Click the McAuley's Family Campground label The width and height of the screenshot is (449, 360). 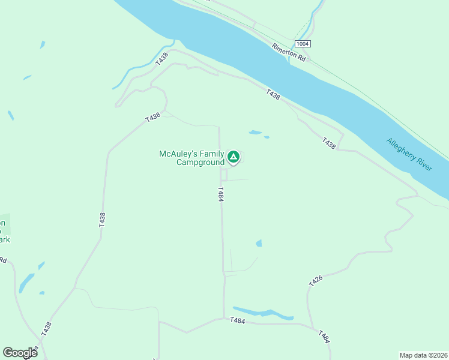click(x=191, y=158)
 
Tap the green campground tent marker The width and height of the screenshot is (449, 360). click(x=234, y=158)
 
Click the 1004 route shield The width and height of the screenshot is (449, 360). click(x=303, y=44)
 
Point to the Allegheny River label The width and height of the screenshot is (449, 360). click(x=409, y=155)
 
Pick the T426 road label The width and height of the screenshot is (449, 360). click(x=316, y=281)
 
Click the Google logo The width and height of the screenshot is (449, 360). click(x=20, y=352)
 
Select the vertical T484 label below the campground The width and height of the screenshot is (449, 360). click(x=221, y=194)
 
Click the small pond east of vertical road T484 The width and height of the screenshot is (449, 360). click(x=259, y=243)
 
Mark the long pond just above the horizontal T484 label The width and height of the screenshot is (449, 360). click(x=262, y=313)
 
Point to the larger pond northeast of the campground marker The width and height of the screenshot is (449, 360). click(x=255, y=132)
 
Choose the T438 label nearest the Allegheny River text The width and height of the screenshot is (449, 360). click(x=328, y=143)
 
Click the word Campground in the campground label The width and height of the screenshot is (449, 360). click(x=200, y=162)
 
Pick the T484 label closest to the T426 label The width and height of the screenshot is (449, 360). click(x=324, y=337)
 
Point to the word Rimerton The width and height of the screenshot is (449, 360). click(x=284, y=50)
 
